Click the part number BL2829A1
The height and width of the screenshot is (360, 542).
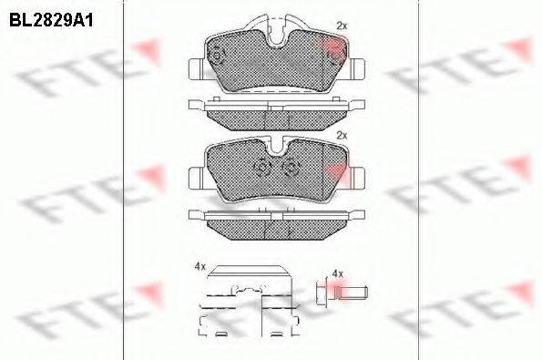tap(51, 21)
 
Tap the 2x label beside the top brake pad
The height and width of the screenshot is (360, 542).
tap(342, 26)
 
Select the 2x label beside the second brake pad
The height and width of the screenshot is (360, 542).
tap(342, 136)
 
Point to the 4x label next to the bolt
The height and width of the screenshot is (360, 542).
tap(337, 274)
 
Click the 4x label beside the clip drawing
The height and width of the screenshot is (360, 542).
tap(200, 266)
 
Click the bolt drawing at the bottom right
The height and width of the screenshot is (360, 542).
tap(342, 293)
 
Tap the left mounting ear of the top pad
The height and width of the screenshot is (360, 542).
tap(197, 69)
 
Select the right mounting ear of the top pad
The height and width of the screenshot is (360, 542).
tap(357, 69)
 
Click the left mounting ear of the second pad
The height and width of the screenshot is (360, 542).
tap(197, 178)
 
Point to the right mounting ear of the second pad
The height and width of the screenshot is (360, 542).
tap(357, 178)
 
